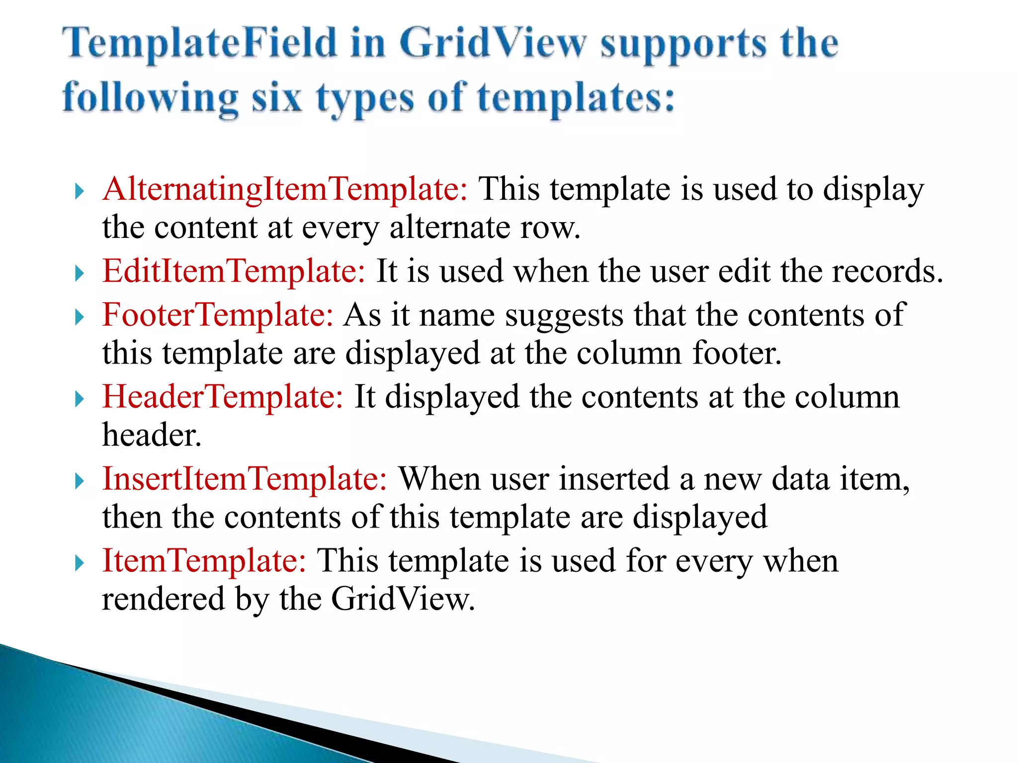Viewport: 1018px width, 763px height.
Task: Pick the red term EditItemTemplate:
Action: tap(234, 272)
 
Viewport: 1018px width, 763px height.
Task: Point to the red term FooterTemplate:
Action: tap(218, 315)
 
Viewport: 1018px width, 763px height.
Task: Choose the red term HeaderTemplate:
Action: tap(223, 397)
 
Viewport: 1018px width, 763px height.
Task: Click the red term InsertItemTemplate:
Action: tap(245, 479)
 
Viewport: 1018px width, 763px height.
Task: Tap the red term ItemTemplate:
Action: tap(204, 561)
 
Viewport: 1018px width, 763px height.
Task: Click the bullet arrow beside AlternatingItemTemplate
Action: tap(79, 191)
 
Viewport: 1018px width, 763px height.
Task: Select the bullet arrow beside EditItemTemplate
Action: tap(79, 273)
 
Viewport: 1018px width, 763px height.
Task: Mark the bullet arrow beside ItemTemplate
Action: tap(79, 563)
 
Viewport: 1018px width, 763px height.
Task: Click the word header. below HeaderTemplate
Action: tap(152, 436)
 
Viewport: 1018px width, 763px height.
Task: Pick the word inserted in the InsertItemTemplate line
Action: tap(614, 479)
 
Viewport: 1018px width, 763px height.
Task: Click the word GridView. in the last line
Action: tap(403, 600)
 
